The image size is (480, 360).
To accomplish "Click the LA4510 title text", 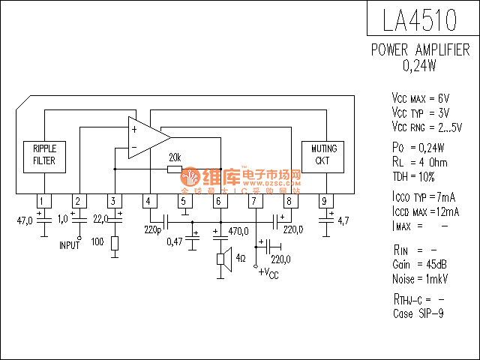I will [x=420, y=20].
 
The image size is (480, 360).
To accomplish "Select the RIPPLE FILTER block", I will [x=44, y=154].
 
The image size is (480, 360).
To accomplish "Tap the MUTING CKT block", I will [x=324, y=154].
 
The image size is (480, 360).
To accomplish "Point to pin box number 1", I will [x=44, y=201].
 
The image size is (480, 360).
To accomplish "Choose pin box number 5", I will [x=184, y=201].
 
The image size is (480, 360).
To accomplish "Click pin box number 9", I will [x=324, y=201].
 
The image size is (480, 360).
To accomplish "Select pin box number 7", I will [x=255, y=201].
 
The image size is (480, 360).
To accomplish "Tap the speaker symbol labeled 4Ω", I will [x=223, y=259].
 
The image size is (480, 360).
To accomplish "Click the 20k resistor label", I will [x=174, y=158].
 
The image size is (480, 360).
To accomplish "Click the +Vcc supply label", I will [x=268, y=273].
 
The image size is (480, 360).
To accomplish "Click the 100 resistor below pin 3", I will [x=114, y=243].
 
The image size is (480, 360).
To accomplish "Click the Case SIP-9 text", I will [x=418, y=313].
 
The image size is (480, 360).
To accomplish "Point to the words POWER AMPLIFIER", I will [x=421, y=50].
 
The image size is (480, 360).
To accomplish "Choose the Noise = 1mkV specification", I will [x=420, y=278].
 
